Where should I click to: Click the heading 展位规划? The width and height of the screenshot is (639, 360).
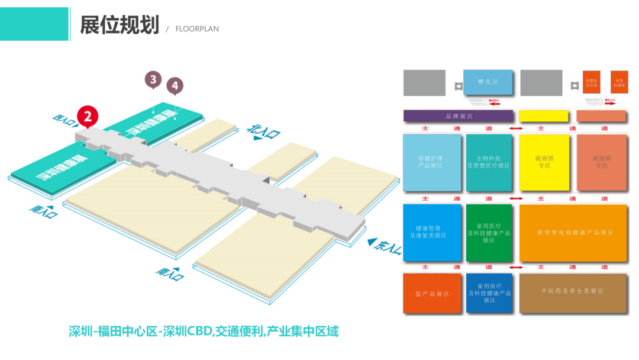tap(120, 25)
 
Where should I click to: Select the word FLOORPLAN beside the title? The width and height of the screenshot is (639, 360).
tap(197, 29)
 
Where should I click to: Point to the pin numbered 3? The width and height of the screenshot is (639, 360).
tap(153, 79)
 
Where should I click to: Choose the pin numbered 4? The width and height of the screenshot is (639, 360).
tap(175, 86)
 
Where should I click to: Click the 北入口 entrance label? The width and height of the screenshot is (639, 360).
tap(263, 131)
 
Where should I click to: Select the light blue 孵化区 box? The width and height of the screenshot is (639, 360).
tap(488, 82)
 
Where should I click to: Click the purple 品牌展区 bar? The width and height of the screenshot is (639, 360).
tap(458, 116)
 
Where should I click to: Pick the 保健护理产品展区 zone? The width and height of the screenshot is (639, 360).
tap(431, 162)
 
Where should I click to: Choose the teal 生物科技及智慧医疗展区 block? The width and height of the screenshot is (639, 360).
tap(489, 162)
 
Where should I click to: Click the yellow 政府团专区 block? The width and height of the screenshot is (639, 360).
tap(544, 162)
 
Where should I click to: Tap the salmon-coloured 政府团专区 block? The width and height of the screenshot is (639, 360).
tap(601, 162)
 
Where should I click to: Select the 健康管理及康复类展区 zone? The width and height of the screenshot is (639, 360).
tap(432, 232)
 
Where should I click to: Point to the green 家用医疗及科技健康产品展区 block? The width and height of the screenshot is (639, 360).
tap(489, 233)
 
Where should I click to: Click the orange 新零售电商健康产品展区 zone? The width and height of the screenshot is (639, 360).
tap(573, 233)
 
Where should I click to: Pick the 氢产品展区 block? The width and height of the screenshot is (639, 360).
tap(432, 293)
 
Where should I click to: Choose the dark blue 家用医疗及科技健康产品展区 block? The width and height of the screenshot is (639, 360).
tap(489, 293)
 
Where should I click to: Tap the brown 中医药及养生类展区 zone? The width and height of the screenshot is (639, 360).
tap(573, 292)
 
